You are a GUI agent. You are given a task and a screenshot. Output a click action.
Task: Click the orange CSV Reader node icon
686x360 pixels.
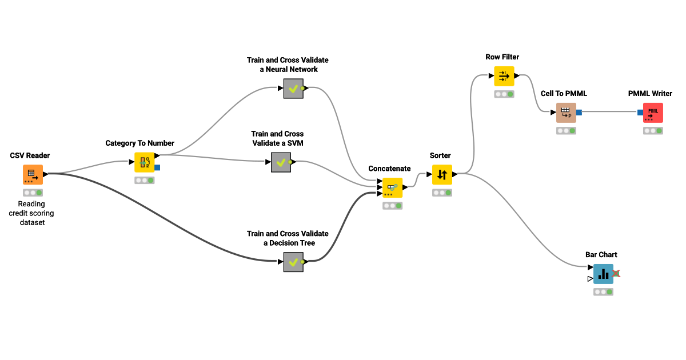tap(33, 175)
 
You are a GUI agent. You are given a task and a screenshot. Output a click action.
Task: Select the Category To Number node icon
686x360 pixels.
tap(145, 162)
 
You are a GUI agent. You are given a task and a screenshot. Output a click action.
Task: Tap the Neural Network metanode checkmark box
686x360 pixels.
tap(293, 89)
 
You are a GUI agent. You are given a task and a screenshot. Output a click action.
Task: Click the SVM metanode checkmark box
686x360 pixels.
tap(281, 162)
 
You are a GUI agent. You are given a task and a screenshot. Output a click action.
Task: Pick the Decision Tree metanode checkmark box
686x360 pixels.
tap(293, 262)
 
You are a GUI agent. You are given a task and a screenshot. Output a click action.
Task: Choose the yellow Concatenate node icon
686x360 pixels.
tap(392, 187)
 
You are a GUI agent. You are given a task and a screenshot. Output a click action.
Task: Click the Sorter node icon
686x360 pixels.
tap(442, 175)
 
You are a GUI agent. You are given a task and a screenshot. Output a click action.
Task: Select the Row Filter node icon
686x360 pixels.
tap(504, 76)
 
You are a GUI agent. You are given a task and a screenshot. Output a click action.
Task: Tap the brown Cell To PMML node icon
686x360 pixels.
tap(566, 113)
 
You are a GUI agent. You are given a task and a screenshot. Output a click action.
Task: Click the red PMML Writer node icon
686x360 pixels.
tap(653, 113)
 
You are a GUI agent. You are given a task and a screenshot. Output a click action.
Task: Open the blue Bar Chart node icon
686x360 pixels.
tap(603, 274)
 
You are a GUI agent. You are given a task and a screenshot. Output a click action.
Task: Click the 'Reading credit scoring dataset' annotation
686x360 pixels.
tap(31, 213)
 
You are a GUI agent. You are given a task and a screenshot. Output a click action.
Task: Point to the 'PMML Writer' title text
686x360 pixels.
tap(650, 94)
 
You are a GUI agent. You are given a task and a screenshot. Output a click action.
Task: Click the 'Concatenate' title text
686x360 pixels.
tap(389, 169)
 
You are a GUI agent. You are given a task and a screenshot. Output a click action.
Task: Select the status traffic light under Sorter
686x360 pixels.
tap(442, 193)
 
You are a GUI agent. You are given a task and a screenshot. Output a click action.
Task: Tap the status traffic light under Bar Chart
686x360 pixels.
tap(603, 292)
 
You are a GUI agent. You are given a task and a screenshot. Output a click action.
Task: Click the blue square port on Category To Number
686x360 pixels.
tap(157, 168)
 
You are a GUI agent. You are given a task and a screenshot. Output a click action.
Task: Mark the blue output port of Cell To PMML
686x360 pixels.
tap(579, 113)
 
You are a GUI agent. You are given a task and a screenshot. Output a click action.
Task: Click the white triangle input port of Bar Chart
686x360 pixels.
tap(589, 279)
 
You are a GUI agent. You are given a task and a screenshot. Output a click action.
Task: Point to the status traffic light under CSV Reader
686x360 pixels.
tap(33, 193)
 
